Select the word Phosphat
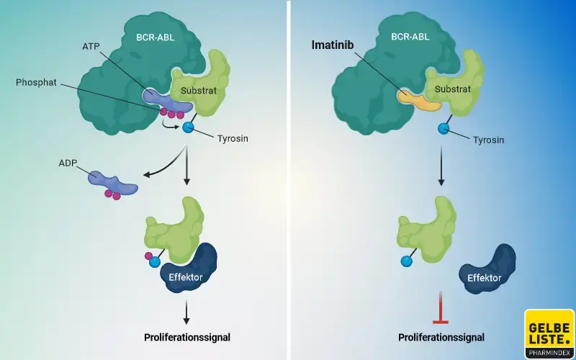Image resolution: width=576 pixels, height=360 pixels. (x=37, y=82)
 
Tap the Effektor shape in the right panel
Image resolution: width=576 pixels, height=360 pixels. (x=488, y=269)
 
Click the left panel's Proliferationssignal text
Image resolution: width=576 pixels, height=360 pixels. (x=187, y=336)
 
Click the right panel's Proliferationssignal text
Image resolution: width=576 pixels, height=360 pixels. (x=441, y=336)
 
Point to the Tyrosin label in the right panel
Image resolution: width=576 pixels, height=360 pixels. (x=486, y=140)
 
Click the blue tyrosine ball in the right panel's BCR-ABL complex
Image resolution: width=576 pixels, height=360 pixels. (x=444, y=128)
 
